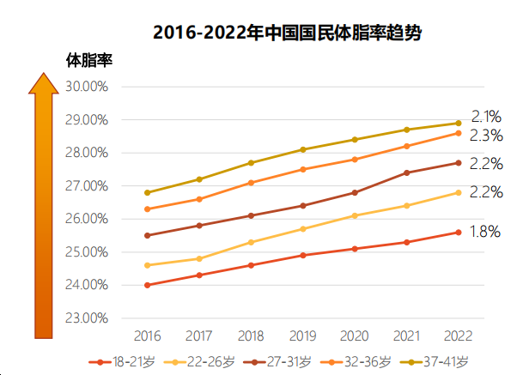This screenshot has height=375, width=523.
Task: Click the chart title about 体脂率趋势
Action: tap(289, 33)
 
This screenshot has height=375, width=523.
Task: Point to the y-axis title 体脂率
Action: tap(90, 61)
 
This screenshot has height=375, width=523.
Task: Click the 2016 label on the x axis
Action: tap(147, 336)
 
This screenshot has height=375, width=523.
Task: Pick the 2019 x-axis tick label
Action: tap(302, 336)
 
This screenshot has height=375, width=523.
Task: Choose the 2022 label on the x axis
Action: tap(459, 336)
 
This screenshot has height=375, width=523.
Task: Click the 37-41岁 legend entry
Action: tap(432, 361)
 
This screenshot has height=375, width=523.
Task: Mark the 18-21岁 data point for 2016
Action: tap(147, 285)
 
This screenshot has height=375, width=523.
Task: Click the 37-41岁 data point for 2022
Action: tap(459, 123)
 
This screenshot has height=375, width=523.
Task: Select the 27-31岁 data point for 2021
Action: tap(407, 172)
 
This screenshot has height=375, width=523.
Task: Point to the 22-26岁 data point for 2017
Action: tap(199, 258)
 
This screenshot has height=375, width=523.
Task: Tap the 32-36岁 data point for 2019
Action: tap(302, 169)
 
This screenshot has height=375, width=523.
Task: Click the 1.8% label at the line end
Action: tap(485, 231)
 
